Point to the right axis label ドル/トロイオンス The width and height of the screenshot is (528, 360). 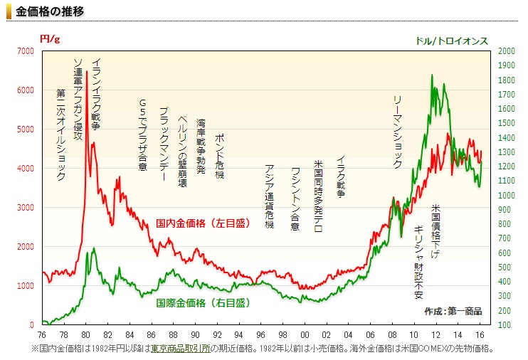click(451, 41)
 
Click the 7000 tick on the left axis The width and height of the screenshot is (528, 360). click(25, 51)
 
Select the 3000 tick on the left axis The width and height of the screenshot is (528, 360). click(25, 208)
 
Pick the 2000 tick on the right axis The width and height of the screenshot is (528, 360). click(506, 51)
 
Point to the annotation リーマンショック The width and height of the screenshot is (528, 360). click(398, 131)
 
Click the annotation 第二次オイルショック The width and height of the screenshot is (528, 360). click(60, 135)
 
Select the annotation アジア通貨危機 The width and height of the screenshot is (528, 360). click(269, 196)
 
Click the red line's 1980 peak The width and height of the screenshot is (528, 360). click(87, 72)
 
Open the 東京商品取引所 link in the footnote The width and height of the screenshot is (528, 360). click(181, 349)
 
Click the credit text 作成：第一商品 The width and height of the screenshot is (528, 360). click(453, 311)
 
